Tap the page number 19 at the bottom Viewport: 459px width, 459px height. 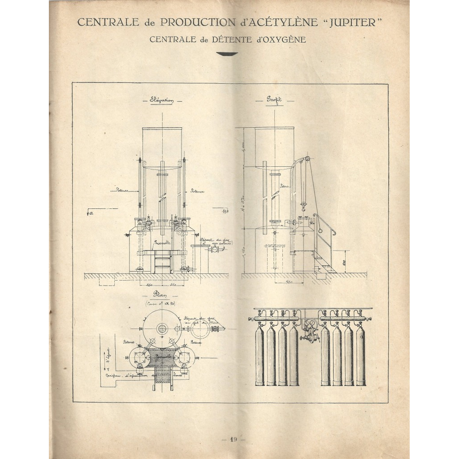(x=233, y=439)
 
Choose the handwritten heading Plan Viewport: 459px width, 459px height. (x=161, y=294)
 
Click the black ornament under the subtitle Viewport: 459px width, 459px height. (x=227, y=54)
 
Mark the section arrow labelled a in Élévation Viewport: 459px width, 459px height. (x=90, y=214)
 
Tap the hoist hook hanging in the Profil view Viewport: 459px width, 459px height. (x=304, y=206)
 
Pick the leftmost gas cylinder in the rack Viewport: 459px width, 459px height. (x=260, y=356)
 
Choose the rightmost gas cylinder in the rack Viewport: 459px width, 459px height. (x=360, y=356)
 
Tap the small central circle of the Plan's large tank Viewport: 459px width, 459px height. (x=162, y=328)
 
